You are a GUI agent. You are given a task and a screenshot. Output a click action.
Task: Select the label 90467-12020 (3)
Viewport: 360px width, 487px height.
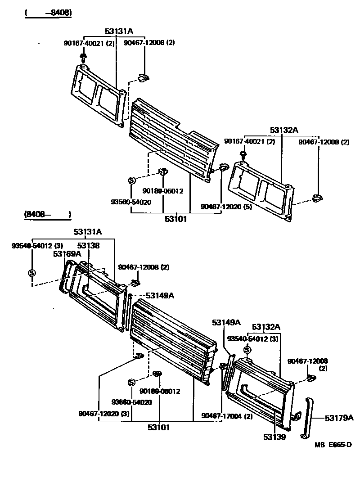click(x=103, y=413)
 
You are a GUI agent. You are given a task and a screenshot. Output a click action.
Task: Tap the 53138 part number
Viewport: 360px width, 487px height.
click(x=88, y=245)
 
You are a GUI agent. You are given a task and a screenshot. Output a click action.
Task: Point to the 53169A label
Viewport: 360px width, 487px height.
click(x=67, y=254)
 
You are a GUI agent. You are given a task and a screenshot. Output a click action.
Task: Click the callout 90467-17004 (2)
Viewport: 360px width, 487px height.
click(x=227, y=416)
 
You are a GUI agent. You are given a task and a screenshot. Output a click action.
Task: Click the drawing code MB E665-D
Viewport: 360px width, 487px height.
click(x=333, y=445)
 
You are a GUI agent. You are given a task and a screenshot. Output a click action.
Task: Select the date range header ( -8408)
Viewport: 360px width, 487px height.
click(x=48, y=13)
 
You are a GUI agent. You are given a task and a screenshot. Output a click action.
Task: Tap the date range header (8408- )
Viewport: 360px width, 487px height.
click(x=47, y=215)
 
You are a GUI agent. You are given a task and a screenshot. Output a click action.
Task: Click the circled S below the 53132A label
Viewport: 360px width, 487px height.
click(x=247, y=350)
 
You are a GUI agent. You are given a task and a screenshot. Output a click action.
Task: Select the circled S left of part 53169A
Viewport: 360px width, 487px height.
click(x=31, y=273)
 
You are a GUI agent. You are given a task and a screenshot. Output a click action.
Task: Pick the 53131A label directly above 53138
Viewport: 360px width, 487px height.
click(x=88, y=232)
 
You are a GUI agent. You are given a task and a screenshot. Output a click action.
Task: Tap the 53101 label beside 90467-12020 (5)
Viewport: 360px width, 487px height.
click(x=175, y=219)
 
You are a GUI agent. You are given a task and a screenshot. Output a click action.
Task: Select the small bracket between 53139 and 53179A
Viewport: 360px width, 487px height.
click(x=296, y=416)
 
